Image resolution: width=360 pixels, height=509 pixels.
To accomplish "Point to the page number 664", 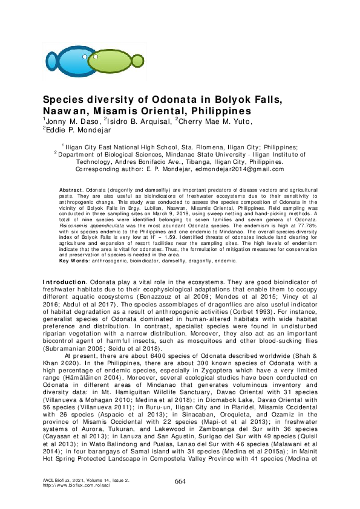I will point(180,481).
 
